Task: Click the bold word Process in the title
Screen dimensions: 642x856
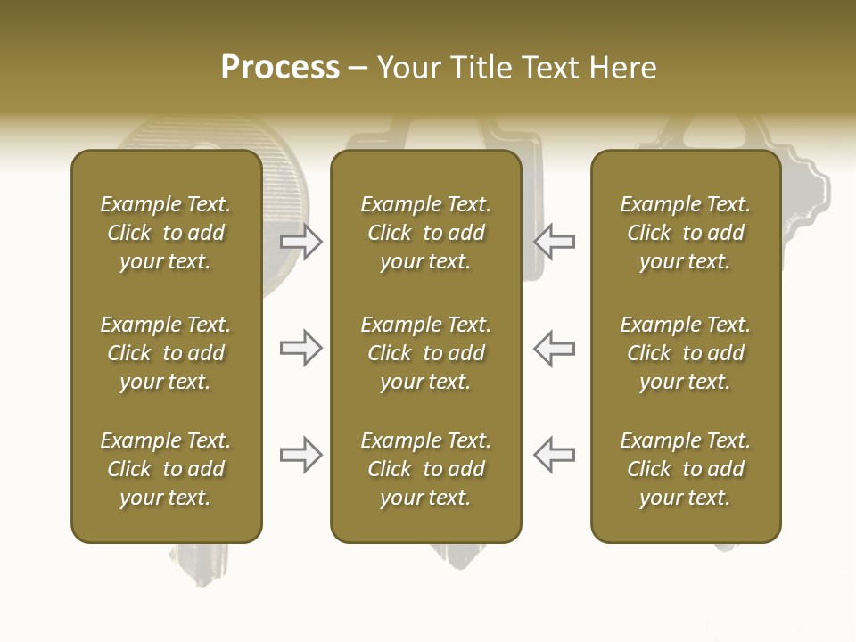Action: click(280, 68)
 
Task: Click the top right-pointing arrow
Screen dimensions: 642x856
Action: click(300, 241)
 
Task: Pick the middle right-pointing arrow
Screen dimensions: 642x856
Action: click(300, 348)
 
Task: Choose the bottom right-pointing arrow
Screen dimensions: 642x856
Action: click(300, 455)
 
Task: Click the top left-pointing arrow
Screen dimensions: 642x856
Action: click(554, 241)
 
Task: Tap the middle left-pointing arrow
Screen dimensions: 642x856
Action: click(554, 348)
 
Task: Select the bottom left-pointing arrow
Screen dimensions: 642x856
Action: click(554, 455)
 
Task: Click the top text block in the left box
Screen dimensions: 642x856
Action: click(166, 233)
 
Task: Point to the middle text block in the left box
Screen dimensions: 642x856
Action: click(166, 353)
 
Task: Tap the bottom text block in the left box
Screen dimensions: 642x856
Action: click(166, 469)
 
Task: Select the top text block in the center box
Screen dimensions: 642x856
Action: click(425, 233)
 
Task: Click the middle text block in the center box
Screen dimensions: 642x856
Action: click(425, 353)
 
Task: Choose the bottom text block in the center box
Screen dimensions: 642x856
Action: click(425, 469)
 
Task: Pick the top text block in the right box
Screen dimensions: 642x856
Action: click(685, 233)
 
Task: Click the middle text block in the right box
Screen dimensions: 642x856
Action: click(685, 353)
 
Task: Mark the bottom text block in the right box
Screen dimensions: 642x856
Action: click(685, 469)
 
